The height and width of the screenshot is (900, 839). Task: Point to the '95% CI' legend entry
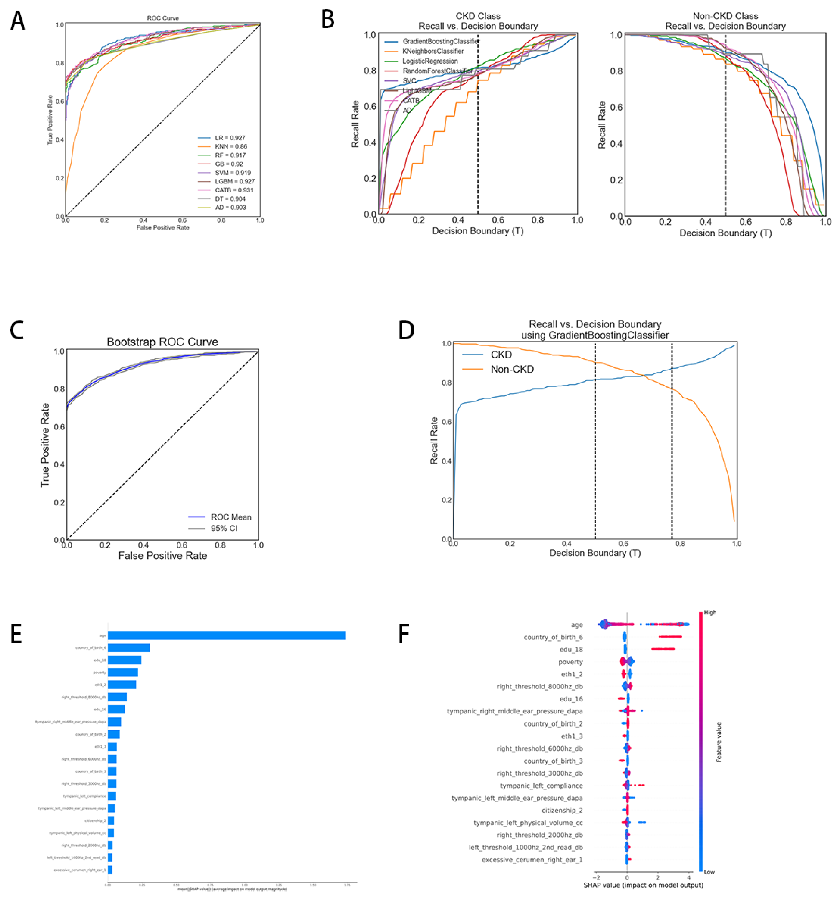click(x=224, y=528)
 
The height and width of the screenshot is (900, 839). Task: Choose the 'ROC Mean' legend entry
click(x=231, y=517)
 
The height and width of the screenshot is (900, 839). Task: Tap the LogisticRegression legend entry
click(x=430, y=61)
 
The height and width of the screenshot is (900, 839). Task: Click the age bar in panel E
click(x=226, y=635)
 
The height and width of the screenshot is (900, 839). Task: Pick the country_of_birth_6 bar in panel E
click(x=129, y=648)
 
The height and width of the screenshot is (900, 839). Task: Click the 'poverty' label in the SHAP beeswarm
click(x=570, y=662)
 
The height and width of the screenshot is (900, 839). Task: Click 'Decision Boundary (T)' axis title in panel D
click(x=595, y=553)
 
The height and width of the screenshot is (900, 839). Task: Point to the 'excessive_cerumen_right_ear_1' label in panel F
click(x=532, y=860)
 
